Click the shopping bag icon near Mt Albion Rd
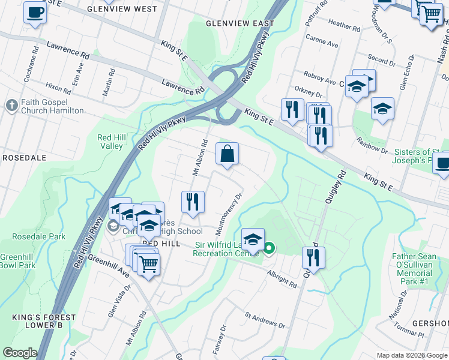point(228,155)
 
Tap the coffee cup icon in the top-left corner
point(35,13)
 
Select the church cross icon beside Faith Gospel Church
point(11,106)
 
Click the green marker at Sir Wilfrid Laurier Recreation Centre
point(270,248)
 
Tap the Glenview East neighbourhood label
point(240,23)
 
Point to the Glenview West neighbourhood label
point(122,10)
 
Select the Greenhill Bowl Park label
point(18,261)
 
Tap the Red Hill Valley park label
point(111,142)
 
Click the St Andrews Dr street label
point(265,319)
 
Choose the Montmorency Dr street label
point(229,212)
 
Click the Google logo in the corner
point(20,353)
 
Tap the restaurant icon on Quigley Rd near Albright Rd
point(313,257)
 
